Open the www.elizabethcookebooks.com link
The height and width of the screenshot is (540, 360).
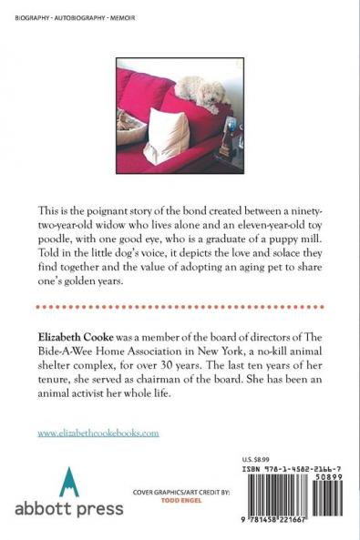98,408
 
